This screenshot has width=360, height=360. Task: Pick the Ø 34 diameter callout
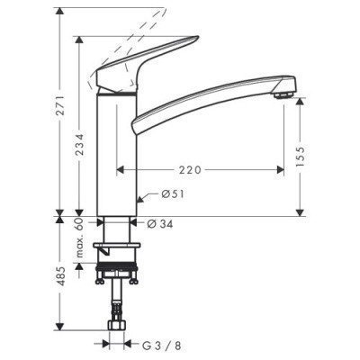point(159,223)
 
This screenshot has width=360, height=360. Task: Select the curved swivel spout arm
point(207,98)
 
